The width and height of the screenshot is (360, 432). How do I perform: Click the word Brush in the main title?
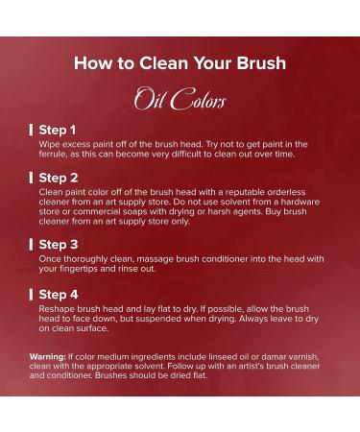click(261, 62)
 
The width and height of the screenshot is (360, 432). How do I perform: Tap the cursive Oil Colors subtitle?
click(180, 99)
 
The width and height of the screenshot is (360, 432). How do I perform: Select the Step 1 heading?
click(58, 130)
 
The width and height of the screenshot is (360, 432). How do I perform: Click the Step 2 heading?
click(59, 178)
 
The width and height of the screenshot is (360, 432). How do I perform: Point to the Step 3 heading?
click(59, 245)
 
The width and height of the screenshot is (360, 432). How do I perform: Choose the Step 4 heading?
click(59, 295)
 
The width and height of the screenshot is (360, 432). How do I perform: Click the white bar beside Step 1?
click(31, 130)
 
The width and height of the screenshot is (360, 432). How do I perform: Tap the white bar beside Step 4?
click(31, 295)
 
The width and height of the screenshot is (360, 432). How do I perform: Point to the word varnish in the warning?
click(304, 357)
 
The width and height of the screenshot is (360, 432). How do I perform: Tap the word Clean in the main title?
click(164, 62)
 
